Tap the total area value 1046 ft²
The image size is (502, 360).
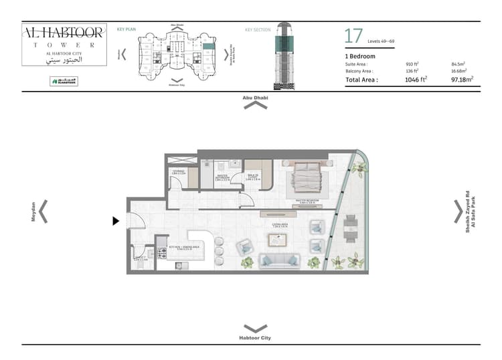pos(415,79)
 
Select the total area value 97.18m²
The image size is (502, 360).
pos(463,79)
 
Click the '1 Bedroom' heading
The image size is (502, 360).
pos(360,56)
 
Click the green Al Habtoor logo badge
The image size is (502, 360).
pos(64,82)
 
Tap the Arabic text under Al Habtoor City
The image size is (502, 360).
pos(64,60)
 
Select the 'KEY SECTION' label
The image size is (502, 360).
pos(257,29)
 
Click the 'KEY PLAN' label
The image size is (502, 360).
pos(127,29)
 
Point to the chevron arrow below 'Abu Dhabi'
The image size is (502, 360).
pos(255,106)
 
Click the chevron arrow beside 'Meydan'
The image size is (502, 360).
pos(43,211)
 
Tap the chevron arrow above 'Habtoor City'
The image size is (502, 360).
pos(255,329)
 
